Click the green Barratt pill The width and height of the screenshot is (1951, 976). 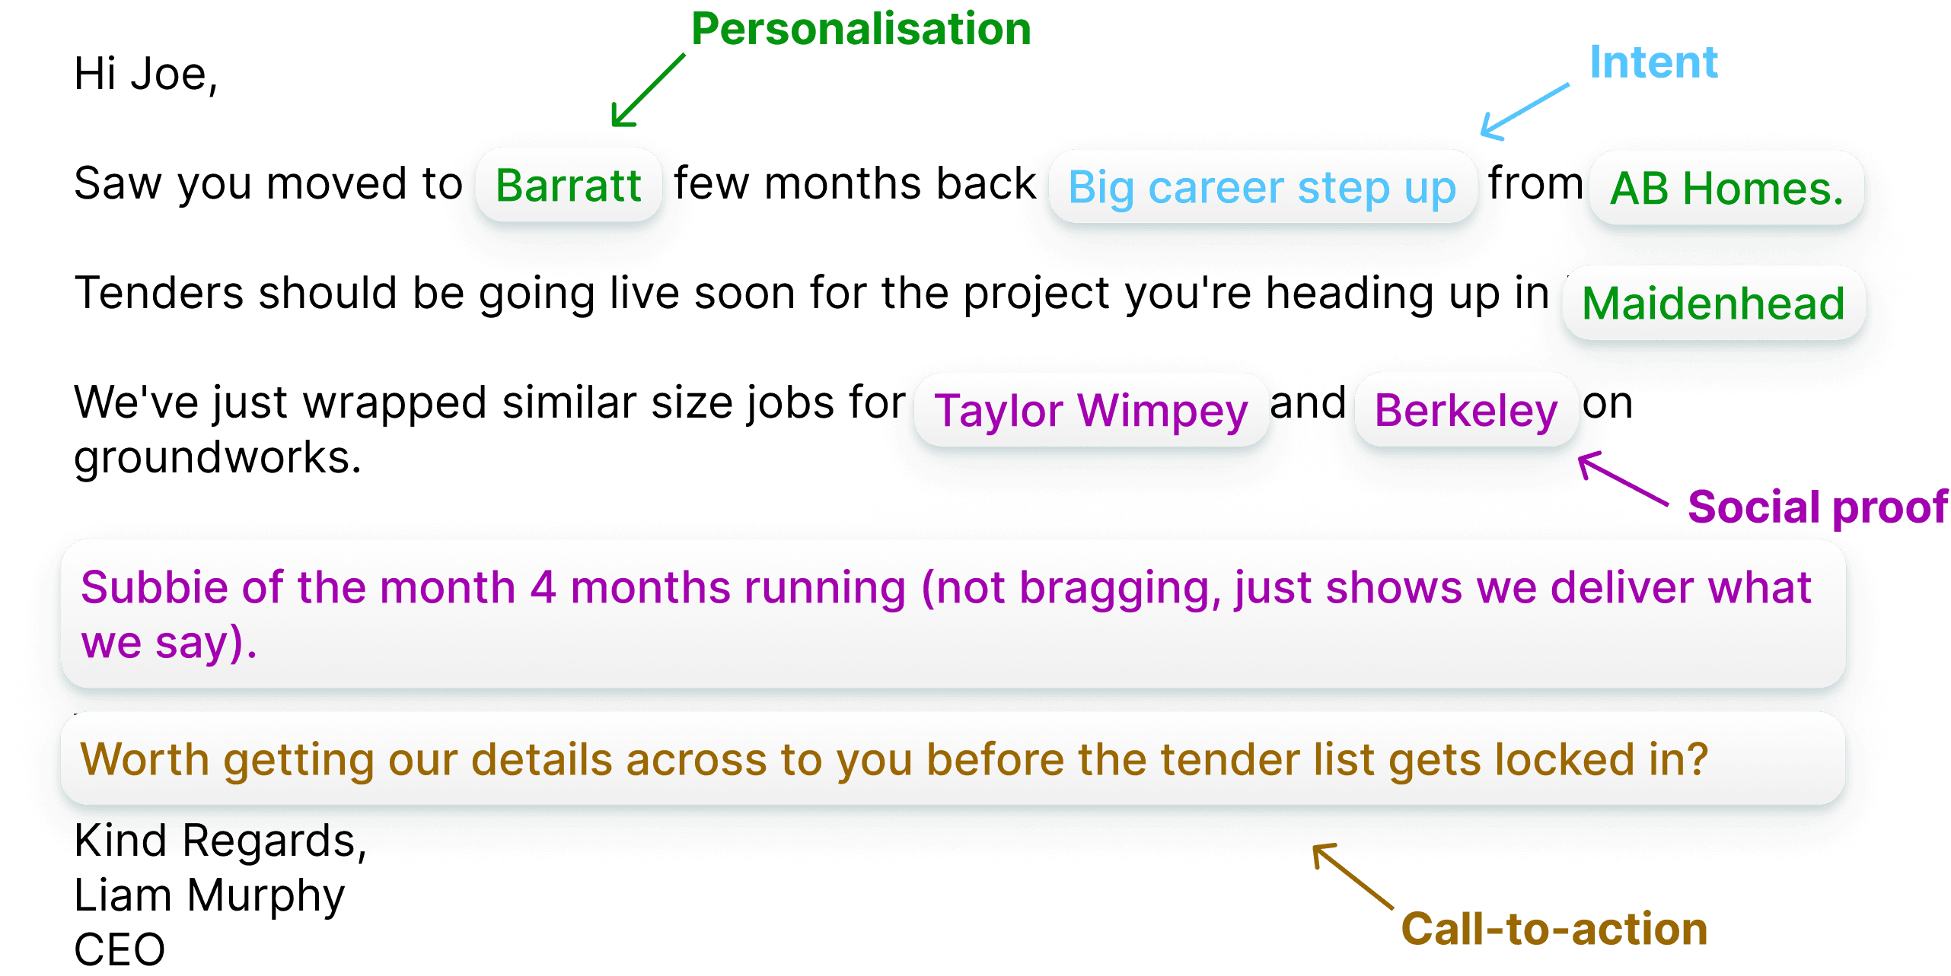coord(568,185)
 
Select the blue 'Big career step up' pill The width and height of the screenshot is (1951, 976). coord(1261,187)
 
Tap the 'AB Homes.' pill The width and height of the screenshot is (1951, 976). coord(1726,188)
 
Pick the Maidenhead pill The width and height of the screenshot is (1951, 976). coord(1713,304)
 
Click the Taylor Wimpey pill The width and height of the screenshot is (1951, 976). coord(1091,411)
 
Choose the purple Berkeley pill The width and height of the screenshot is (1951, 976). coord(1465,411)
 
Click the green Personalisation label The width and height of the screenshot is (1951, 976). coord(861,30)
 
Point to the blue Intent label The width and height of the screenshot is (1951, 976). coord(1653,62)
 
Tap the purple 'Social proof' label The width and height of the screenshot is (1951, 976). coord(1818,507)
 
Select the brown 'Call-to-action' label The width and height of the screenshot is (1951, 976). coord(1554,929)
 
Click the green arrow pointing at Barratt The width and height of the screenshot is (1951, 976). coord(647,91)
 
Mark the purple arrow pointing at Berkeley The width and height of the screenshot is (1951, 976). coord(1621,478)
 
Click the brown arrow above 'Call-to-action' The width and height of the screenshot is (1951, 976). coord(1353,876)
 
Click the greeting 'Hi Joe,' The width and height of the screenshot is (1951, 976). coord(145,75)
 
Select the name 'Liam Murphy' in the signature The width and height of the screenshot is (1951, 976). coord(209,895)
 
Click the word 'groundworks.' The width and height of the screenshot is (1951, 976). coord(217,458)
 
